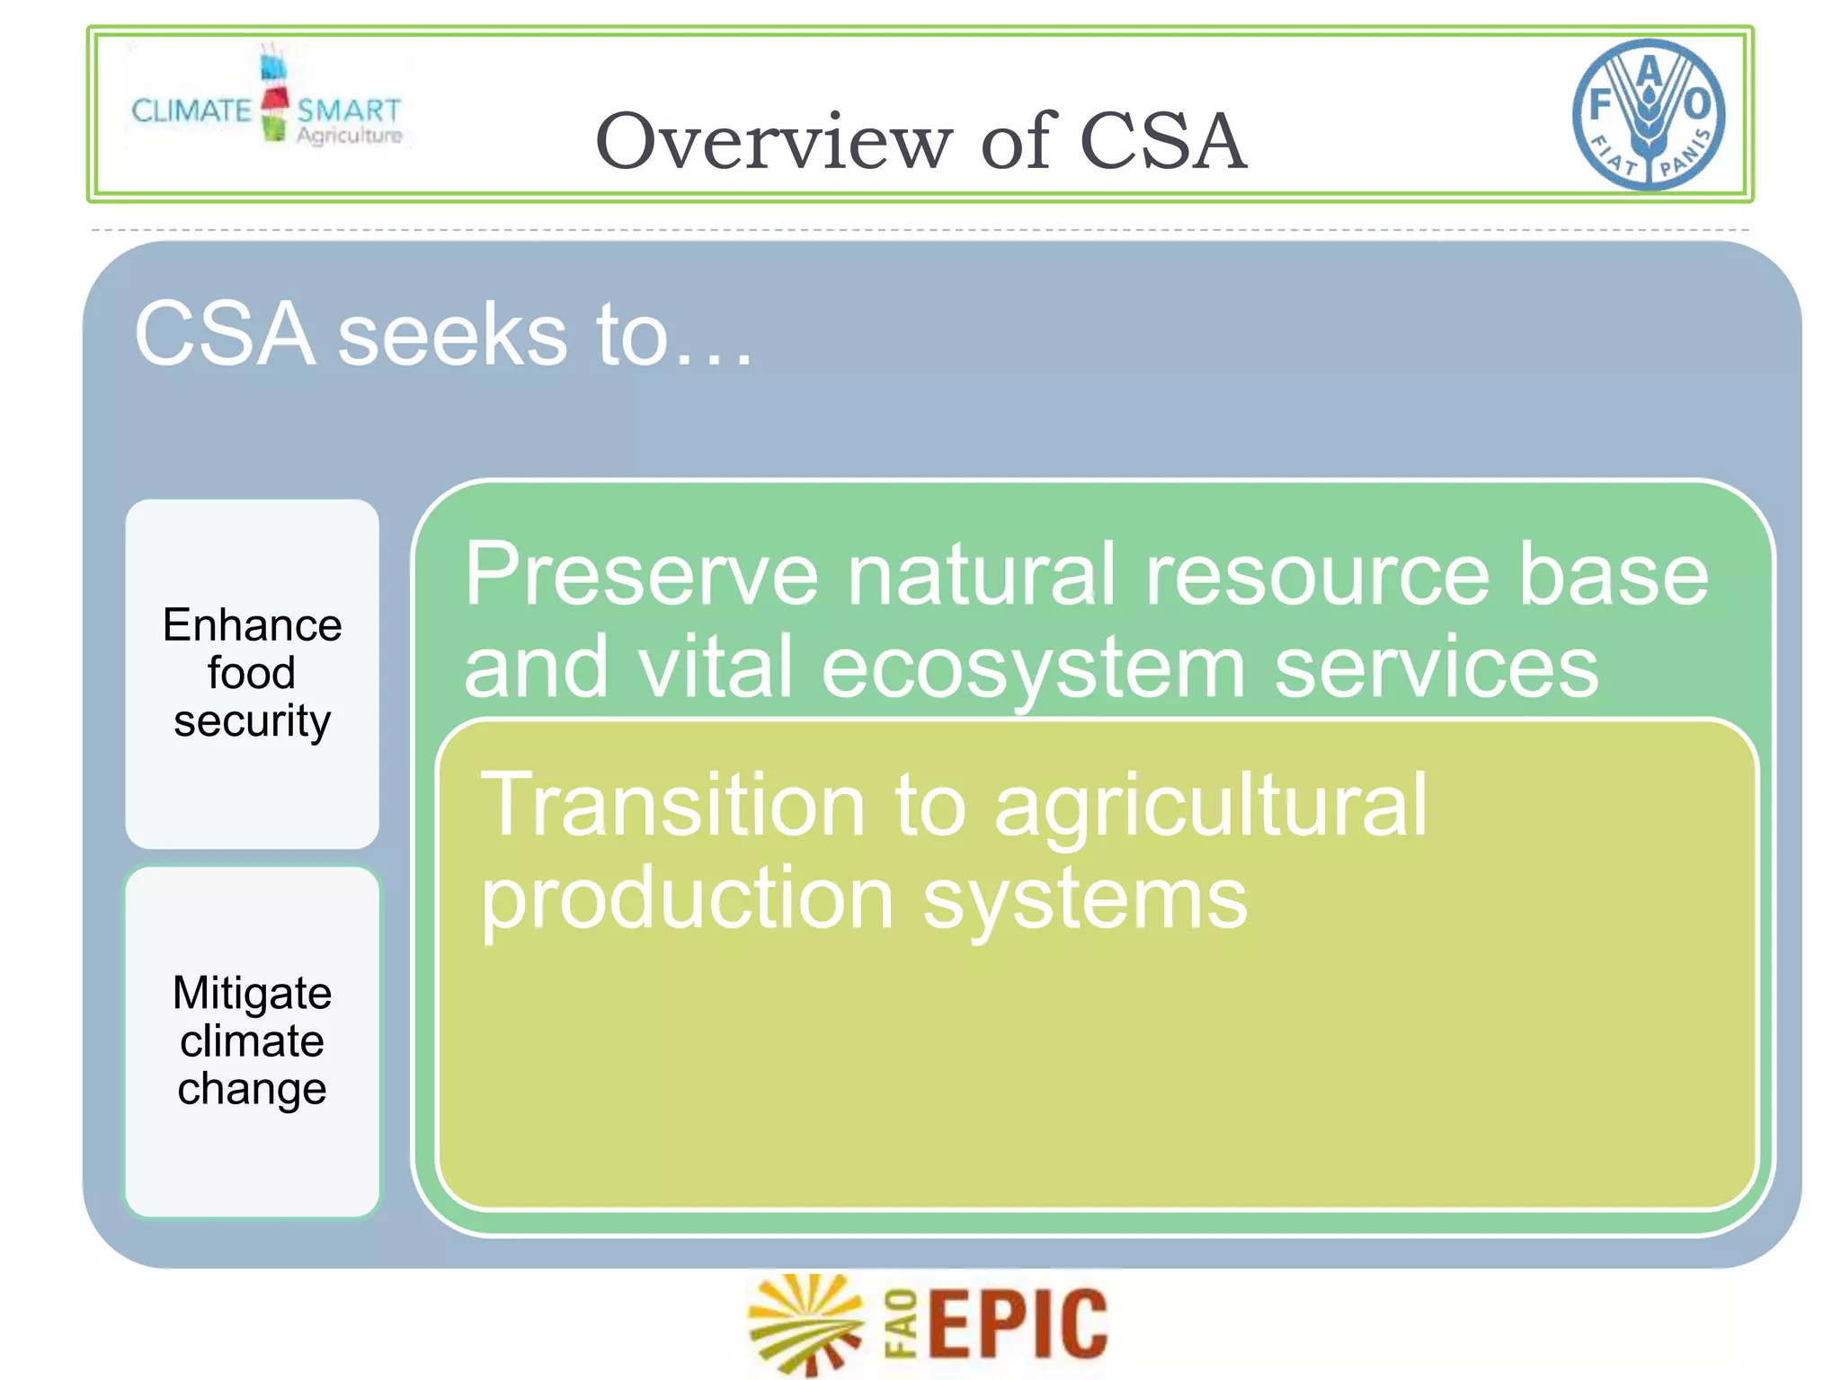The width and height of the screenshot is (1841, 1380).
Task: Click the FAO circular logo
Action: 1648,114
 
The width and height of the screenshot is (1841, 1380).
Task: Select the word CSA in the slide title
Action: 1162,141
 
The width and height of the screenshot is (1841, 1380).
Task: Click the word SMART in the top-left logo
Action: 349,111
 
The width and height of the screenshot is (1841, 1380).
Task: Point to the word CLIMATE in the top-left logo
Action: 191,111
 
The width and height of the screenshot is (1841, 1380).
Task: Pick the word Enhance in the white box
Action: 253,625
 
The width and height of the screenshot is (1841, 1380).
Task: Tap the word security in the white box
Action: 253,721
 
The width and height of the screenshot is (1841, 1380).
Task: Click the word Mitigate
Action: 253,993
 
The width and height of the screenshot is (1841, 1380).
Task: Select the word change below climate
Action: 253,1089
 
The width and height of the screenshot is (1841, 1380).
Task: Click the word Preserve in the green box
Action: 641,575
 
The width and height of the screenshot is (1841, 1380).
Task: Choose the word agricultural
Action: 1210,807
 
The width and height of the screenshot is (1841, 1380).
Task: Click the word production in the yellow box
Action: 687,900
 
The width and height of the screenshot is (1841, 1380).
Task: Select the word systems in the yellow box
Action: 1085,900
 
